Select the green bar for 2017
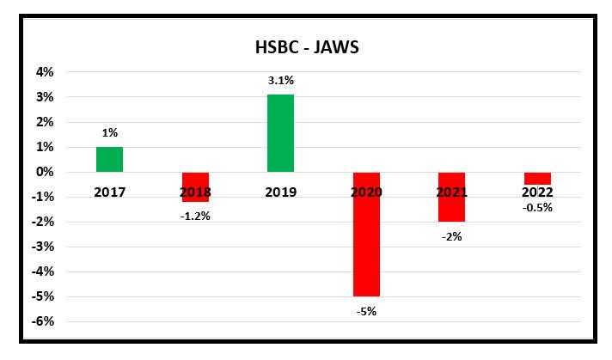[x=109, y=160]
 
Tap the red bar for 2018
[x=195, y=187]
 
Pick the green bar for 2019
[x=280, y=133]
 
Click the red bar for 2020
[x=366, y=234]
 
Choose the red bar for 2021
[x=452, y=197]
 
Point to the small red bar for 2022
[x=538, y=178]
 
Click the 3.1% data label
[x=281, y=81]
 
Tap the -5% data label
[x=366, y=311]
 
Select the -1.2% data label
[x=195, y=217]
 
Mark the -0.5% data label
[x=538, y=207]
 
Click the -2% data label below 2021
[x=452, y=236]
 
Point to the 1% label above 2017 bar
[x=109, y=133]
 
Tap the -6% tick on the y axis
[x=41, y=321]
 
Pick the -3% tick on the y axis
[x=41, y=247]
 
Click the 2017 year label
[x=109, y=192]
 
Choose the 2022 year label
[x=538, y=192]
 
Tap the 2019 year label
[x=281, y=192]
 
